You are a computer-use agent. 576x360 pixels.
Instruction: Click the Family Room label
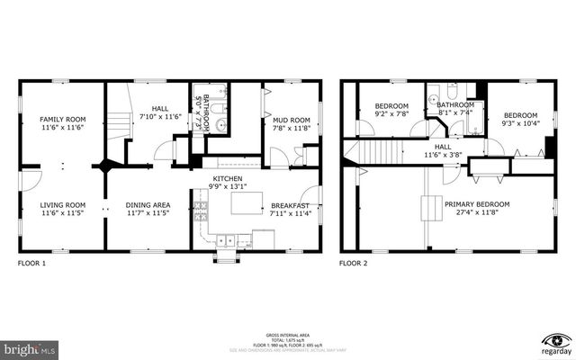[62, 119]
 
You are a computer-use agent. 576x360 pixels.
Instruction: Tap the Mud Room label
[291, 120]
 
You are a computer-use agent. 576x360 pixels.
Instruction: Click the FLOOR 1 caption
[32, 264]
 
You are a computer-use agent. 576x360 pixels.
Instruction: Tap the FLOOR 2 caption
[353, 264]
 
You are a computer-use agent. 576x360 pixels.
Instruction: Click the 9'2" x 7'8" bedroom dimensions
[391, 115]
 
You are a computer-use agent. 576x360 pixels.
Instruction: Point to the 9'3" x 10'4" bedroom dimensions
[520, 124]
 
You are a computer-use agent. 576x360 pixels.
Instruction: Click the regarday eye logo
[558, 340]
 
